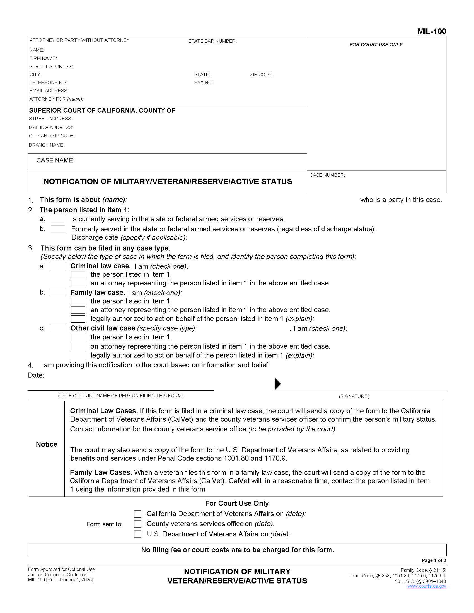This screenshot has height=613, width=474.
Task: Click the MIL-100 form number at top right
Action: click(x=431, y=31)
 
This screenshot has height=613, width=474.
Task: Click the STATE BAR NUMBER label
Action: click(x=212, y=41)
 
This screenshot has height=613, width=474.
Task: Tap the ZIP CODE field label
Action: click(x=261, y=74)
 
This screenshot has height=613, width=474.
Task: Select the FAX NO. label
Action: click(x=204, y=82)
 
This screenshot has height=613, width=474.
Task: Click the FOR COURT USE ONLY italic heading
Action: click(x=376, y=45)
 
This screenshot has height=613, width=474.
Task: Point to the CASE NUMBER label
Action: click(x=327, y=175)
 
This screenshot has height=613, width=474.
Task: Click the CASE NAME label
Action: click(x=55, y=160)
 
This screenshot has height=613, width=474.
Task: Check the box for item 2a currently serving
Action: click(x=57, y=219)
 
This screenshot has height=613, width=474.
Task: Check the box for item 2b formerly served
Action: click(x=57, y=229)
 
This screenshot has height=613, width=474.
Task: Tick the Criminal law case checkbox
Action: click(x=57, y=266)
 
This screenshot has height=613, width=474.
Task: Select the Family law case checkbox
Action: click(x=57, y=293)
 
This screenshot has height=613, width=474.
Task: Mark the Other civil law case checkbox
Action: click(x=57, y=329)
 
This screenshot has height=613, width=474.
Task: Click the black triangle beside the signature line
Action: click(x=277, y=384)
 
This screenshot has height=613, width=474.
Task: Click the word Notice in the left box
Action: click(x=47, y=444)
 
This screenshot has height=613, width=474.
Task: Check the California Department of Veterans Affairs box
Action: click(x=137, y=514)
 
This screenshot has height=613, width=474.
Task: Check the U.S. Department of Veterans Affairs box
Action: click(x=137, y=534)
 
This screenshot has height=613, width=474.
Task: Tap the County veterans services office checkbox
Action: click(x=137, y=524)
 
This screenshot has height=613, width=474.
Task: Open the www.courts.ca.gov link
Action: click(x=426, y=586)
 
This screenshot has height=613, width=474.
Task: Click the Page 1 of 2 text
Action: click(x=434, y=561)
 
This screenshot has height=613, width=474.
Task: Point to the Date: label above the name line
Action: click(x=36, y=375)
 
